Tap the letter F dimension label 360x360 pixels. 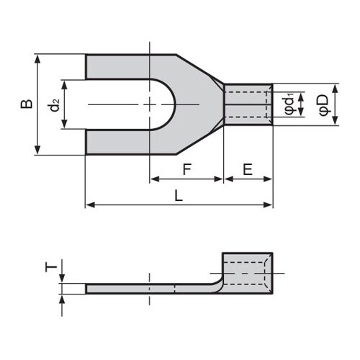pos(186,170)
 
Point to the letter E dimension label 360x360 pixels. pos(248,170)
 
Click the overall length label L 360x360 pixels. pos(178,196)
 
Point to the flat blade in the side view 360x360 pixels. pos(144,289)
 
